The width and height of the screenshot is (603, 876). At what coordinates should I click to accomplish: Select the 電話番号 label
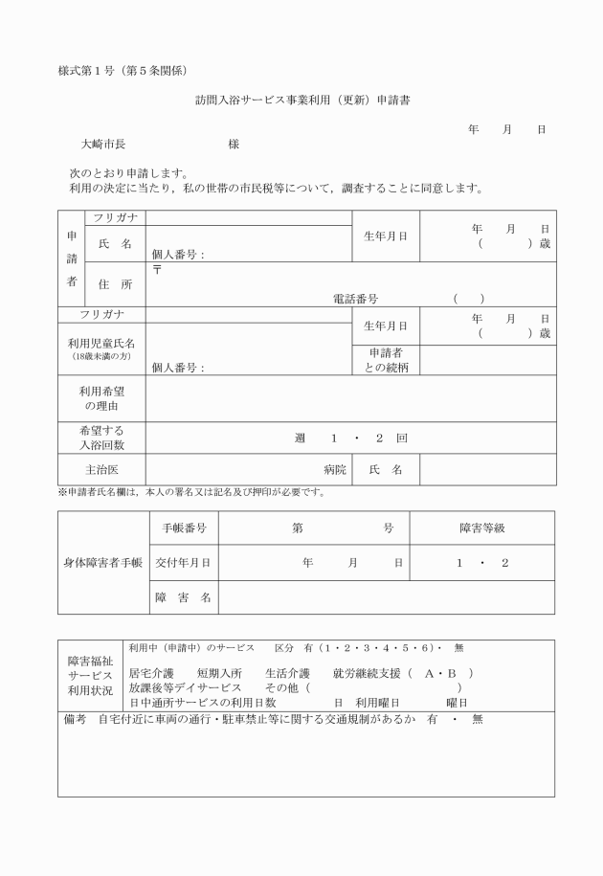click(355, 299)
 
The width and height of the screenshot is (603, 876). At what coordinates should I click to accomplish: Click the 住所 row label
click(115, 284)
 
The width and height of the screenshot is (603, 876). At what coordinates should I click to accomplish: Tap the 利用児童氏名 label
click(101, 343)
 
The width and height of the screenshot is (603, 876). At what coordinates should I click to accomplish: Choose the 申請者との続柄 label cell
click(387, 360)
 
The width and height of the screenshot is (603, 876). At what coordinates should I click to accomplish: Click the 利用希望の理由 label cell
click(101, 398)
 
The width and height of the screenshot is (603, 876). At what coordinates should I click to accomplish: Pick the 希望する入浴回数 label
click(101, 438)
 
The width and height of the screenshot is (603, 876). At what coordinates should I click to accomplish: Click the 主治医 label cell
click(101, 470)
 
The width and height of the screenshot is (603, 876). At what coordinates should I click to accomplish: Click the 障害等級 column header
click(481, 528)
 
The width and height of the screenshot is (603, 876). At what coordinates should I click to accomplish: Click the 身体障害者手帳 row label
click(101, 562)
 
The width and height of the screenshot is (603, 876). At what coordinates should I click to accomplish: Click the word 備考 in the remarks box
click(73, 719)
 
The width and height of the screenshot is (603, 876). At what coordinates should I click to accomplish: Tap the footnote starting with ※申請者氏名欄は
click(191, 493)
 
